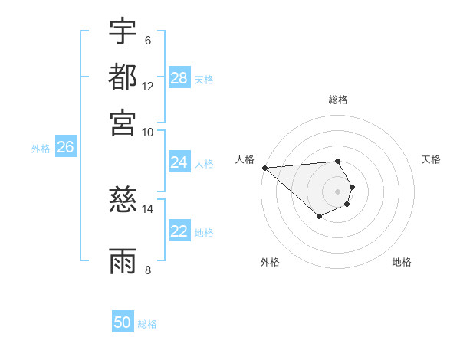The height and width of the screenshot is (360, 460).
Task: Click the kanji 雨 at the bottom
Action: [x=123, y=260]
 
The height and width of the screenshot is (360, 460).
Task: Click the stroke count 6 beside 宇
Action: [x=148, y=41]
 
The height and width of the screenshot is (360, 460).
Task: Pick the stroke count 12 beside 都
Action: [x=148, y=86]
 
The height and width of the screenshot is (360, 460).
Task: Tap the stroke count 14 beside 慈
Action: [x=148, y=208]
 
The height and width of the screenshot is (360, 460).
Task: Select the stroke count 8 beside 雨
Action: [x=148, y=269]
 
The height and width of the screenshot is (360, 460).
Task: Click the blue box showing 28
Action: [x=179, y=78]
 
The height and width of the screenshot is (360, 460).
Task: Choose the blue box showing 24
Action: [x=179, y=162]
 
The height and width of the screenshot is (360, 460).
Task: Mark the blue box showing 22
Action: [x=179, y=232]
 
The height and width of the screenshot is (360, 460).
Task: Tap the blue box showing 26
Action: [x=65, y=148]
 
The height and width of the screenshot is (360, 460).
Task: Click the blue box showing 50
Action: [x=123, y=322]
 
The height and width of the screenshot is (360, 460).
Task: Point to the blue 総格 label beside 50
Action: [x=147, y=323]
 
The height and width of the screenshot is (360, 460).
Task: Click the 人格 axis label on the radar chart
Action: [x=245, y=159]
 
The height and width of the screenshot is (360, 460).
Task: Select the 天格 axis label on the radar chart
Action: [x=431, y=159]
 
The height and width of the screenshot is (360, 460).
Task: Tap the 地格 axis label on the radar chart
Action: [x=402, y=262]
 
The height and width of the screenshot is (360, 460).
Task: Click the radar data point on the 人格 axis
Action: [x=264, y=168]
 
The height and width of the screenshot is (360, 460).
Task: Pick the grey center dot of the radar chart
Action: [x=337, y=191]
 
